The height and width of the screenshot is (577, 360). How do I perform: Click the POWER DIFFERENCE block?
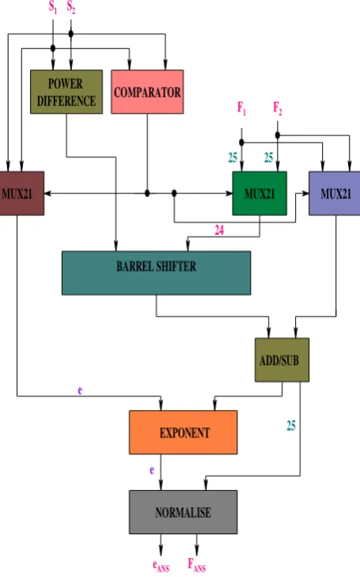coord(66,92)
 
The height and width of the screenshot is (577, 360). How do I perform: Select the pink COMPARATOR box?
coord(147,92)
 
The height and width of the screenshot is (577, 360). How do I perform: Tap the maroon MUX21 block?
coord(21,193)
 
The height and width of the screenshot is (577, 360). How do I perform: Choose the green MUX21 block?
coord(260,193)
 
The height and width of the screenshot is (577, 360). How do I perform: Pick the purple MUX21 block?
coord(335,193)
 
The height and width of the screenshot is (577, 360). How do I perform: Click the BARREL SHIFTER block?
coord(157,273)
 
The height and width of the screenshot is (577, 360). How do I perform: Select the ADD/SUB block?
coord(282,360)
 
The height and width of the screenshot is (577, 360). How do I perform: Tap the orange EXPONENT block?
coord(183,432)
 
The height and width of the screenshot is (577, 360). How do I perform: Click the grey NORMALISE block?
coord(183,512)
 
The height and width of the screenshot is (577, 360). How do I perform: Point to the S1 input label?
coord(53,7)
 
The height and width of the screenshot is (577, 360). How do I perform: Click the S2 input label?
coord(71,7)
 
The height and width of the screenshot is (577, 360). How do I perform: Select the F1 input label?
coord(241,108)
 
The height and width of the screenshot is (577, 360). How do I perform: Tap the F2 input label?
coord(278,108)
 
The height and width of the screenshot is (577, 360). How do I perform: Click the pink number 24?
coord(219,230)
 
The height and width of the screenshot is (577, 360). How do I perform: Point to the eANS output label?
coord(161,566)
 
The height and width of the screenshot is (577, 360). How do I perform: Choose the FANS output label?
coord(197,565)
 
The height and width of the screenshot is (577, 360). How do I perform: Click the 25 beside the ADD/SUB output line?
coord(291,426)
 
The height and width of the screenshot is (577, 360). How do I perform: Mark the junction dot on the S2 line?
coord(71,34)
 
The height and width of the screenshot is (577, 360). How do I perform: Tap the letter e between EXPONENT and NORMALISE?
coord(152,470)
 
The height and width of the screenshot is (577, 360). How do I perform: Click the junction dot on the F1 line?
coord(241,142)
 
